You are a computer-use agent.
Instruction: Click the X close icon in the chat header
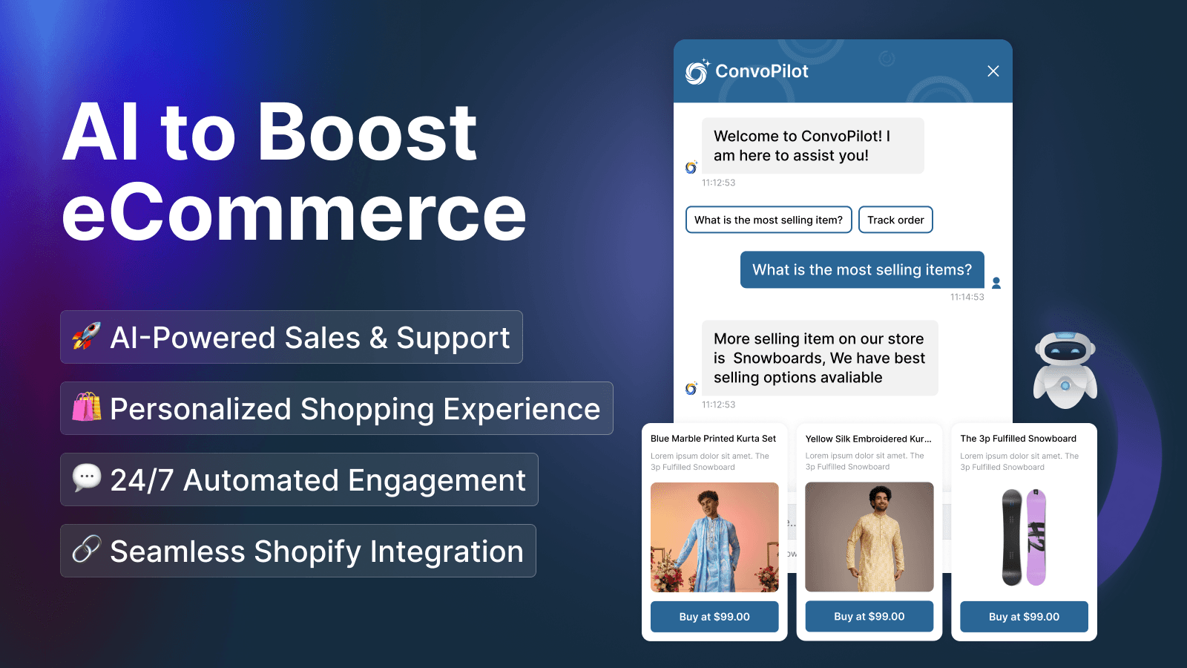click(993, 71)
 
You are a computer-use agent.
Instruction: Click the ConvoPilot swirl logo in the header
click(697, 72)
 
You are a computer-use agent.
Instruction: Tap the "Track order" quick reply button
click(895, 220)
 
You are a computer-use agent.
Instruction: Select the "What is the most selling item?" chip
click(769, 220)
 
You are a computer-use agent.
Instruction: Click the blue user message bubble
click(861, 269)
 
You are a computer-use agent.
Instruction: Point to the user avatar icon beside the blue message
click(996, 283)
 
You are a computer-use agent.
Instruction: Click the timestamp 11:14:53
click(967, 297)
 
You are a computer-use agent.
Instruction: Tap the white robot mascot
click(1065, 369)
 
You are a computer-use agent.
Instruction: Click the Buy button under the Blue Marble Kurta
click(714, 617)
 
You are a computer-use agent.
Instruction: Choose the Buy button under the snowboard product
click(1024, 617)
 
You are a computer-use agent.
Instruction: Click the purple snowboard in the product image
click(1036, 537)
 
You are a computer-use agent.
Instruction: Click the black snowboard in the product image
click(1012, 537)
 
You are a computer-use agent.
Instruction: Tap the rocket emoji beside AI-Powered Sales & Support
click(87, 336)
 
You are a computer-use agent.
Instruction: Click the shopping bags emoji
click(87, 407)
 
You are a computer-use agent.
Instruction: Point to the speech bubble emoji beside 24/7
click(87, 477)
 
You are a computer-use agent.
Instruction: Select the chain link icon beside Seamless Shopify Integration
click(86, 550)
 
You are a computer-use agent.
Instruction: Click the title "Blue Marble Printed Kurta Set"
click(713, 439)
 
